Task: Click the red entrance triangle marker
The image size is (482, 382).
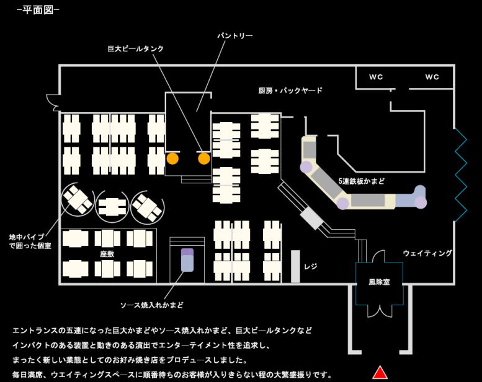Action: point(380,372)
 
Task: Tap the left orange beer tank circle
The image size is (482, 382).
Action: point(172,158)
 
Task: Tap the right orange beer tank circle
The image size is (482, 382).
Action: point(204,158)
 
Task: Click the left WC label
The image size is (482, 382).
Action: point(376,77)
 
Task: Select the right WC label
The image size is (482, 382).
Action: point(432,77)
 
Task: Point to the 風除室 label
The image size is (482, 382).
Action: point(379,282)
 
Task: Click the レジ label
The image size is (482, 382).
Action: point(311,267)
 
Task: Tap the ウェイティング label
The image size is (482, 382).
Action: point(427,253)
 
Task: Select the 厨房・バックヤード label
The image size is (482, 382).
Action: point(290,90)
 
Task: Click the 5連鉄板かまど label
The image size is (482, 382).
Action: point(361,181)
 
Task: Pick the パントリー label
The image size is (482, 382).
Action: point(234,36)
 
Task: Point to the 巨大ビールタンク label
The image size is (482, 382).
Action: point(136,48)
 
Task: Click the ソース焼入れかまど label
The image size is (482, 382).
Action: point(152,305)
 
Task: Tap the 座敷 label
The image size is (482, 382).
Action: point(107,254)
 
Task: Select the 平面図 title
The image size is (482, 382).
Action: point(38,11)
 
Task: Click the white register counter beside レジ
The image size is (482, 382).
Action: point(295,266)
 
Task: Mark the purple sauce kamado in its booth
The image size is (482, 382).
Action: point(187,259)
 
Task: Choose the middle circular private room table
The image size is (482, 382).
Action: point(112,206)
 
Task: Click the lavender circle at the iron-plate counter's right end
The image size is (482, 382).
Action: point(421,202)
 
